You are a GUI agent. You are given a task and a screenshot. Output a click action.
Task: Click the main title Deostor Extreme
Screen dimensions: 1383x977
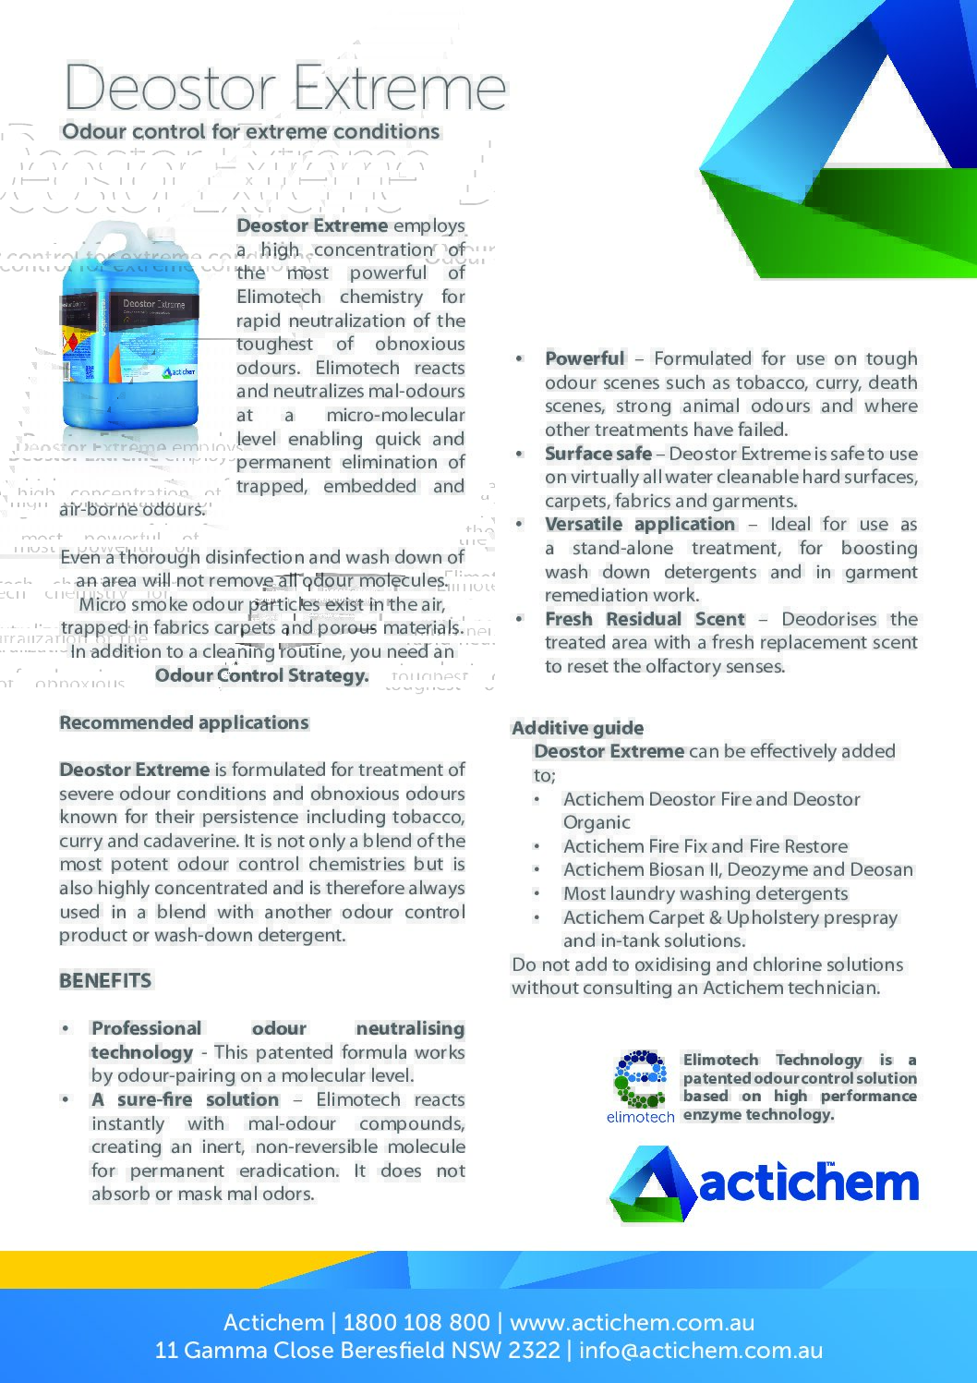[284, 89]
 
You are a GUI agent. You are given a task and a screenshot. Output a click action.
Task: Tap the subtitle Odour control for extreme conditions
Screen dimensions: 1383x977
[250, 132]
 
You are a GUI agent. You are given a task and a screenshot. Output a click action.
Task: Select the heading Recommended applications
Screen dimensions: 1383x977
[184, 723]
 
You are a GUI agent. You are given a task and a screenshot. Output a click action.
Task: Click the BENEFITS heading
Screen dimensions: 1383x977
[105, 981]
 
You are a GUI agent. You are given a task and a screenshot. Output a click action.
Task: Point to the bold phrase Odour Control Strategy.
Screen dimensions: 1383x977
[261, 675]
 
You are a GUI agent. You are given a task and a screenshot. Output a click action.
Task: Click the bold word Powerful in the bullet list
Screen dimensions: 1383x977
[585, 358]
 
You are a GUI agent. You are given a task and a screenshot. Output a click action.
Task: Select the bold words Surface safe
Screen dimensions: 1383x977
[597, 454]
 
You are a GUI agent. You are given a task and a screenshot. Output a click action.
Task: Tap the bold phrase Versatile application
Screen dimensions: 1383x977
[639, 525]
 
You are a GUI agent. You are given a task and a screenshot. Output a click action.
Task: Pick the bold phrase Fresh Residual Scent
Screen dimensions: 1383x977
[644, 620]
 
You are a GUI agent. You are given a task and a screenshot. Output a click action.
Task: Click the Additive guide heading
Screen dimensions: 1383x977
[577, 728]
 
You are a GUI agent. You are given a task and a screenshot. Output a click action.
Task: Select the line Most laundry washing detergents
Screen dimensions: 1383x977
[705, 894]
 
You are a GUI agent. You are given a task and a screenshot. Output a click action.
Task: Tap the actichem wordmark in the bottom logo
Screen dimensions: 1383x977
[808, 1183]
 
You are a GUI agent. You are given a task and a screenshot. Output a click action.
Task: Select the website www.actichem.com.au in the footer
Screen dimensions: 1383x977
[632, 1322]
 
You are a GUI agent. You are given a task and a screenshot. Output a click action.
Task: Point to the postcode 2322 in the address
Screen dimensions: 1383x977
[534, 1351]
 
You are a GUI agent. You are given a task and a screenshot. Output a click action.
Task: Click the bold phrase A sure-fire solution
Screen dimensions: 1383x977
[185, 1100]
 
